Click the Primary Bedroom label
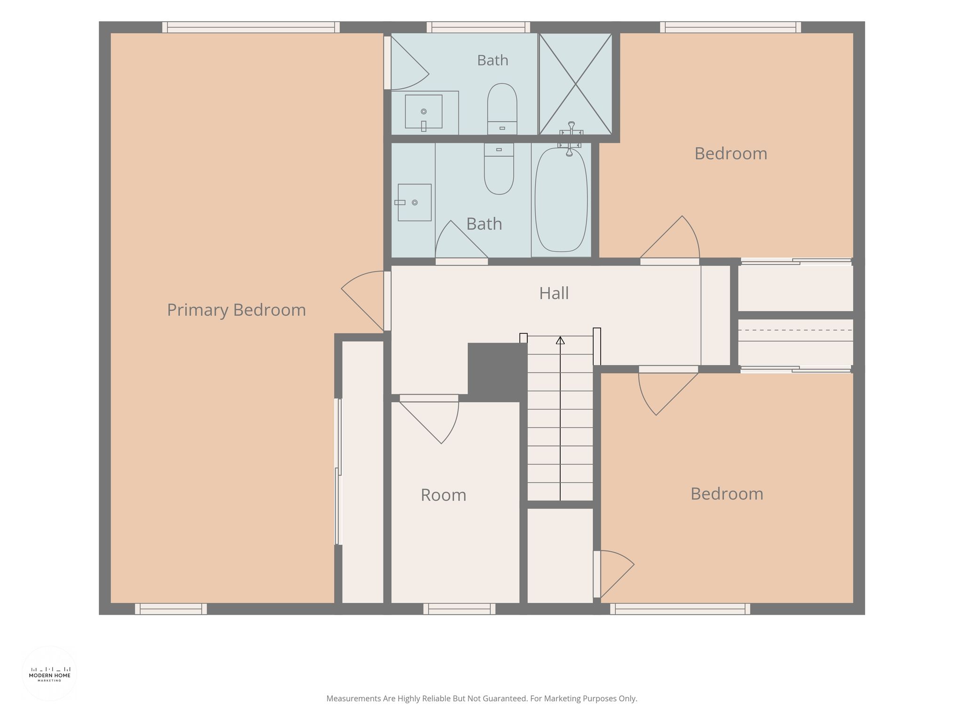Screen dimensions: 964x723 [236, 310]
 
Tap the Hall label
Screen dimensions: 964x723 [554, 293]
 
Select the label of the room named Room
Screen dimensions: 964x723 [443, 495]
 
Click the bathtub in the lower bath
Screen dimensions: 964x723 [561, 200]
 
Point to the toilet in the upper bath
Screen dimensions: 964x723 [502, 109]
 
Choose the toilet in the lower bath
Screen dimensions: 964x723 [499, 169]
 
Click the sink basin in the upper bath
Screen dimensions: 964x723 [424, 112]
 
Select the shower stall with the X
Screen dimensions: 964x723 [576, 84]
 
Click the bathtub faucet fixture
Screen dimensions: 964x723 [570, 138]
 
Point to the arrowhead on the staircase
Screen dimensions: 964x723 [560, 340]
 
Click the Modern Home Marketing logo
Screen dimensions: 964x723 [50, 674]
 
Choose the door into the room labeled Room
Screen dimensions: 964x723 [429, 419]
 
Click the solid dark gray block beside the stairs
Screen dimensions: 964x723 [498, 372]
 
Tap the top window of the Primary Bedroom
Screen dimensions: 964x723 [251, 27]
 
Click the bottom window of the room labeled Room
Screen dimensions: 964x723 [459, 609]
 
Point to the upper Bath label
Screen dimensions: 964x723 [493, 60]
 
